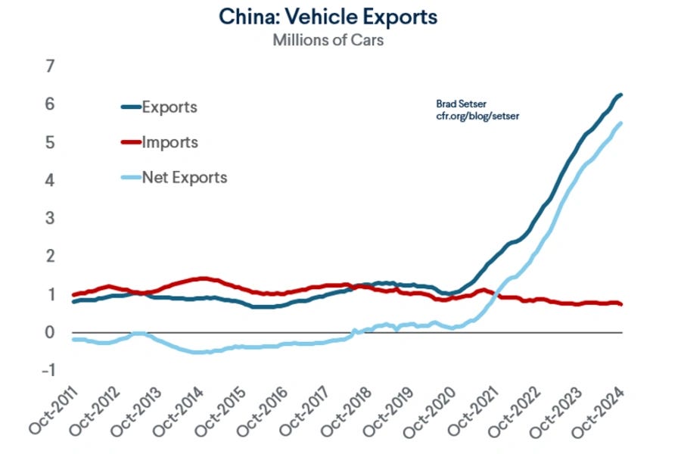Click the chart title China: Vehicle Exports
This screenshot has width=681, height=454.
(x=328, y=17)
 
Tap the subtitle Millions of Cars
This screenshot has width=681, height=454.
(x=328, y=40)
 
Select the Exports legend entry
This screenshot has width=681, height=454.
(x=169, y=107)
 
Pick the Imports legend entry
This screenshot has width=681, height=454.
(x=169, y=142)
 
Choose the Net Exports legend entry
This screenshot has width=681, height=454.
(x=184, y=178)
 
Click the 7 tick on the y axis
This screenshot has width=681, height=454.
(x=50, y=67)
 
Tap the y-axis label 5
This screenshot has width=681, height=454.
(x=50, y=143)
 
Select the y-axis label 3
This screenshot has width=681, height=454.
(x=50, y=219)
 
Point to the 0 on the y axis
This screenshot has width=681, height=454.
(x=50, y=333)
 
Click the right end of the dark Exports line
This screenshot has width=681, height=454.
(x=622, y=95)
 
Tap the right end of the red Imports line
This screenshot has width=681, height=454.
(x=622, y=304)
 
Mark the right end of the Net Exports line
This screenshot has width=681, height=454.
(x=622, y=123)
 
